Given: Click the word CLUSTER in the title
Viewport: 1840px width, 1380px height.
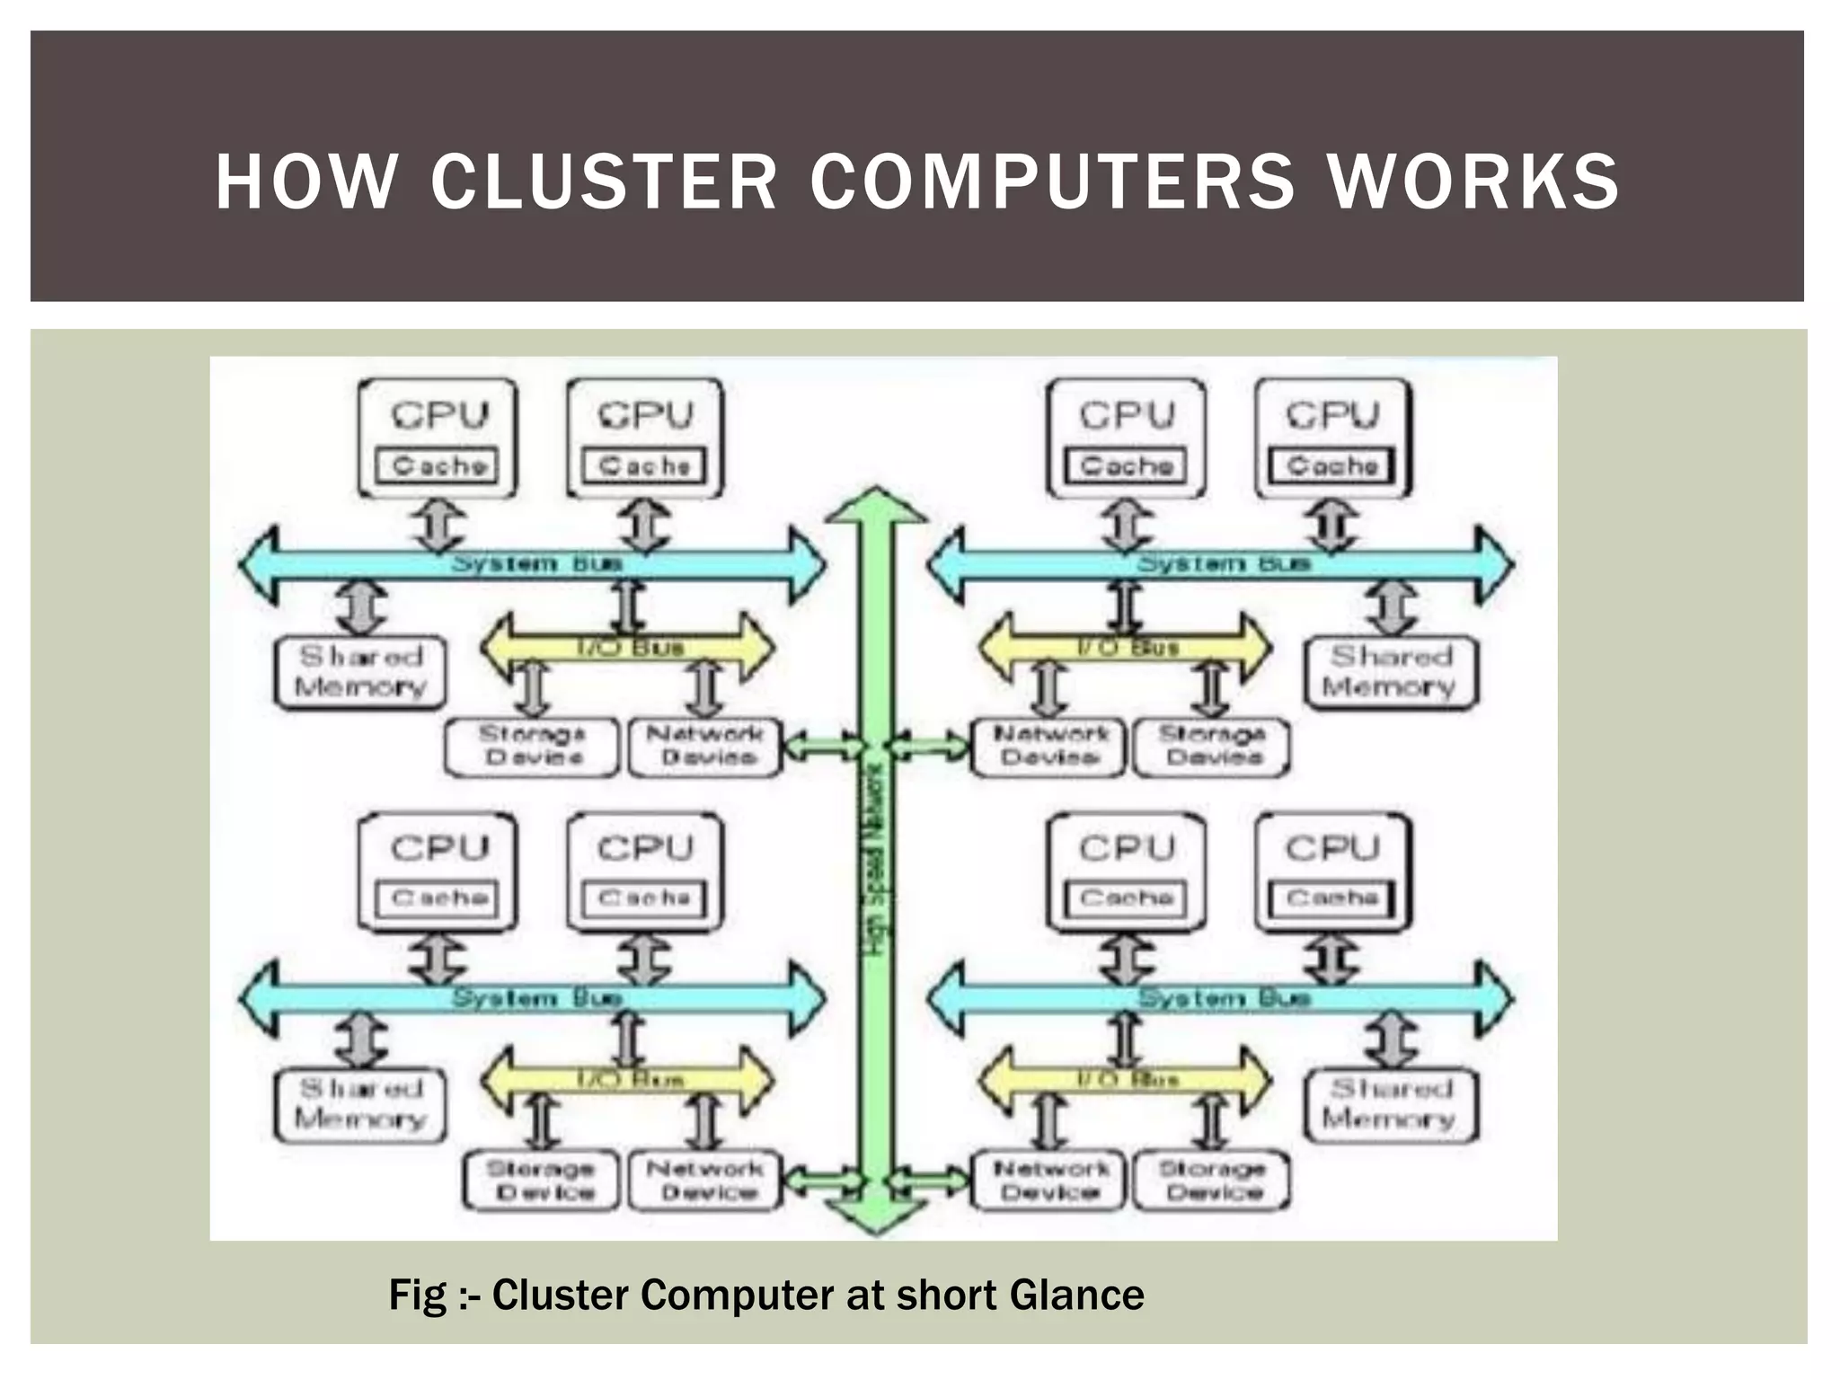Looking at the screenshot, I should pos(603,182).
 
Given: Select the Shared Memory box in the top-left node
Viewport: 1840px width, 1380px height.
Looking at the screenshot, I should pos(360,672).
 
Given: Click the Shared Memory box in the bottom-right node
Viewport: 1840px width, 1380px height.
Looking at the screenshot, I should pos(1390,1104).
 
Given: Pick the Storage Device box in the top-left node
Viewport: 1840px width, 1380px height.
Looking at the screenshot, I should pos(532,746).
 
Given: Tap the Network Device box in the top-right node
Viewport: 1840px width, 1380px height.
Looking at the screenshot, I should pos(1049,746).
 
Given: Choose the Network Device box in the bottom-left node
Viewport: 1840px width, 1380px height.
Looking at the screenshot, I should pos(706,1181).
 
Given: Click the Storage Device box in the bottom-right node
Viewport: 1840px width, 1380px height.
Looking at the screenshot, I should pos(1212,1181).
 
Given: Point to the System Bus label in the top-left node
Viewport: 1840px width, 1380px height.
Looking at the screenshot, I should pos(536,564).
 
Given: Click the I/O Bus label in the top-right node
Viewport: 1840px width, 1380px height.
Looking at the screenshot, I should pos(1128,647).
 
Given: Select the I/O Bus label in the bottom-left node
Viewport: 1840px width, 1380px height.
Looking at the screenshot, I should pos(629,1079).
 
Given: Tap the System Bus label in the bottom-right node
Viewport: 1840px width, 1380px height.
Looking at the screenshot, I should pos(1224,997).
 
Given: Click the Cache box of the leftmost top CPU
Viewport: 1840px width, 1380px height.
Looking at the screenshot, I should pos(438,466).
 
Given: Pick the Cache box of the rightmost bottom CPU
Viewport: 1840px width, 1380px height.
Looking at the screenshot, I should pos(1331,898).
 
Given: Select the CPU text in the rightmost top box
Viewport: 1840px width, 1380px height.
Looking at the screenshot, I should pos(1332,415).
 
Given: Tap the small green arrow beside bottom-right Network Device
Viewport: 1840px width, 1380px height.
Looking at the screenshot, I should pos(929,1179).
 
